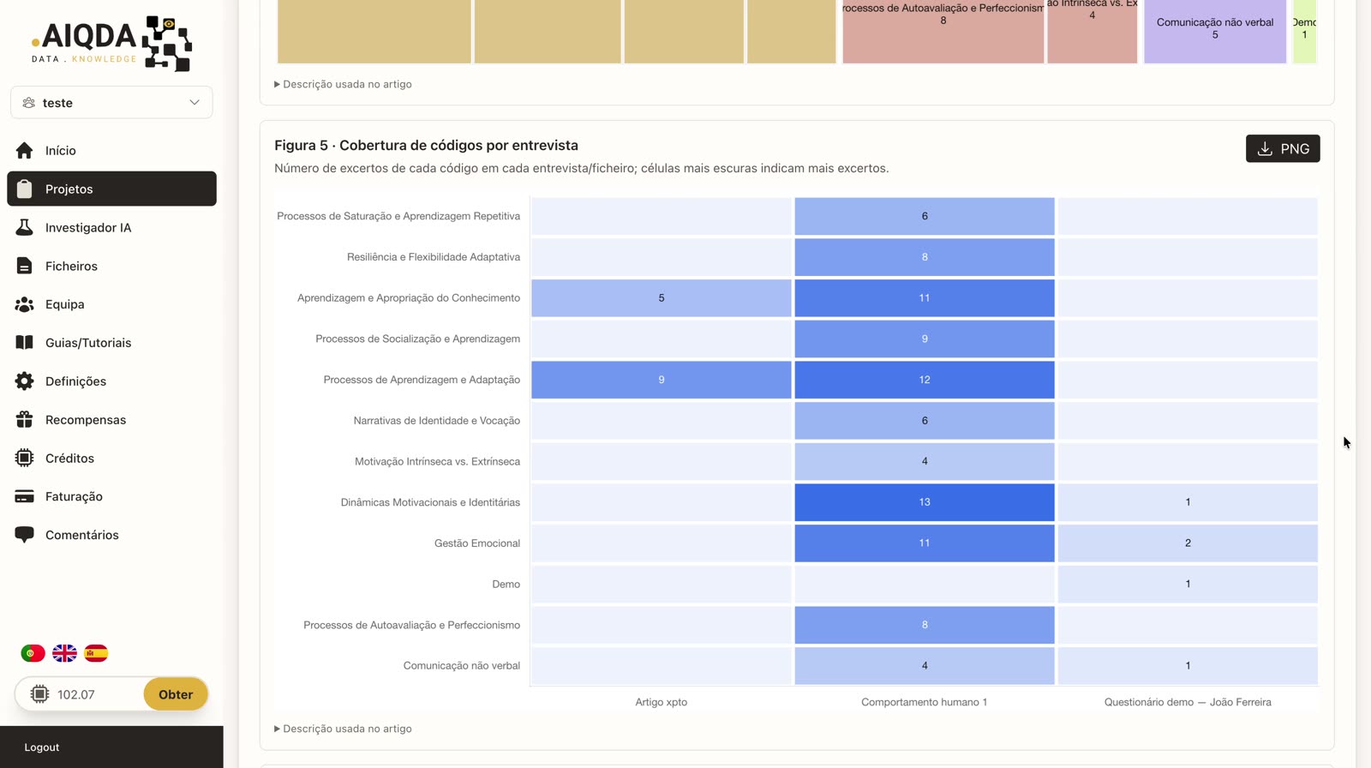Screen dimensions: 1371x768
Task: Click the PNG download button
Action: [1282, 149]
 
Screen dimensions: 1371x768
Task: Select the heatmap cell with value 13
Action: [925, 502]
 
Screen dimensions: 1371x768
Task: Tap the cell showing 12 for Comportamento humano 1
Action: [925, 380]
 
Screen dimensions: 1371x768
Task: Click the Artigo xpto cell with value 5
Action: [661, 297]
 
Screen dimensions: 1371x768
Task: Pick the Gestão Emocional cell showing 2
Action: [1188, 543]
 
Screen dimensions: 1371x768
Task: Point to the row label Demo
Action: [506, 585]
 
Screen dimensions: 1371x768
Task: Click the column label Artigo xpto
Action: [661, 702]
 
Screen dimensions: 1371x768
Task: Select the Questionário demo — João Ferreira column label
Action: [1188, 702]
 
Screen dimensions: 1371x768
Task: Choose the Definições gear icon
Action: [25, 381]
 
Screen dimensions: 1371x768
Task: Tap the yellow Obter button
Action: [176, 694]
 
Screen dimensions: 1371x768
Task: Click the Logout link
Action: [42, 747]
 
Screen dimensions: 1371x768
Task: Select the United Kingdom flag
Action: [64, 653]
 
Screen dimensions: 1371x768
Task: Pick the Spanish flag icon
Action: [96, 653]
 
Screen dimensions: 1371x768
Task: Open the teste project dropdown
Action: [111, 102]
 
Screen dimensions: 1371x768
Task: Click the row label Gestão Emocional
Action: [476, 543]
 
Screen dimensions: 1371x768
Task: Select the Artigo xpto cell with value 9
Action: [661, 380]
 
